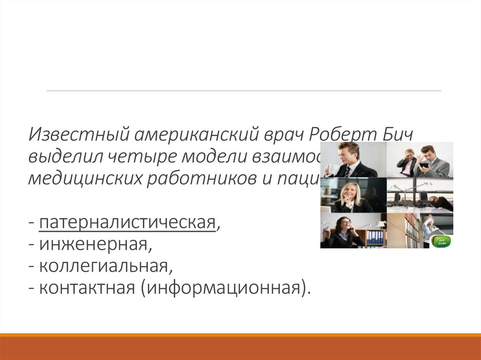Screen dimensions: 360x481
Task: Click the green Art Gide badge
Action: pyautogui.click(x=442, y=242)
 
